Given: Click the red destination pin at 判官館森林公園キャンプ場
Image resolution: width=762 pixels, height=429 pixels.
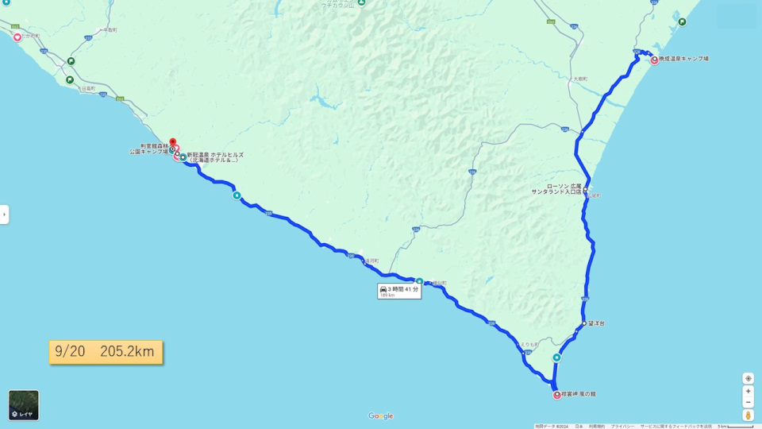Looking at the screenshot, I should click(172, 143).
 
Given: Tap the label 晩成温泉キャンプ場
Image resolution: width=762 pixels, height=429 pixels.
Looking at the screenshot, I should click(683, 59).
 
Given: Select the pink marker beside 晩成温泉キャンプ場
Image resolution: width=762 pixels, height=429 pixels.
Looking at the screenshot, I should click(654, 60).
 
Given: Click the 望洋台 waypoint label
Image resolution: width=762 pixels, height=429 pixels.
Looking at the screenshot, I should click(596, 323).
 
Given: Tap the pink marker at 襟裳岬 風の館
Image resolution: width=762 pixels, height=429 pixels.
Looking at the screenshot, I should click(556, 395).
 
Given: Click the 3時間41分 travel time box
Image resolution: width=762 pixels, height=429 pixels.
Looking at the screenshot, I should click(398, 291).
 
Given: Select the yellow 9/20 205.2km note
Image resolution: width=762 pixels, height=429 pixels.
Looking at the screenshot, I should click(106, 351).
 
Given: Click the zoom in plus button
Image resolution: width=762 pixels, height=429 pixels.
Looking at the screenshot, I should click(748, 392).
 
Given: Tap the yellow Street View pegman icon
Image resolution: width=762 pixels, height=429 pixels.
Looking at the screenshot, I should click(748, 414).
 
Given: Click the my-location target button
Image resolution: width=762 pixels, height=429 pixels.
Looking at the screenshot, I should click(748, 378).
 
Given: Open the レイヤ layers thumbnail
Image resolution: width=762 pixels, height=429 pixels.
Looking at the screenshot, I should click(24, 405).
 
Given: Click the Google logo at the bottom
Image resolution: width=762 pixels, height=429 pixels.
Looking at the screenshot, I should click(381, 416).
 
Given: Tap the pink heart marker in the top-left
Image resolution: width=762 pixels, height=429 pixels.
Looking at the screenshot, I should click(17, 36).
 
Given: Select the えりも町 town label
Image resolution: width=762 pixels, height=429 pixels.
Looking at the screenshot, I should click(529, 344).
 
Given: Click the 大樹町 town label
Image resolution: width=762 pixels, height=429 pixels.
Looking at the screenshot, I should click(579, 79).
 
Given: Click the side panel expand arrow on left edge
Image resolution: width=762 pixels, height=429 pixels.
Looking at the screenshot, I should click(4, 214).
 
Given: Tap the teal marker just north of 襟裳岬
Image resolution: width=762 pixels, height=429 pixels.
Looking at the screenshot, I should click(556, 357).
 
